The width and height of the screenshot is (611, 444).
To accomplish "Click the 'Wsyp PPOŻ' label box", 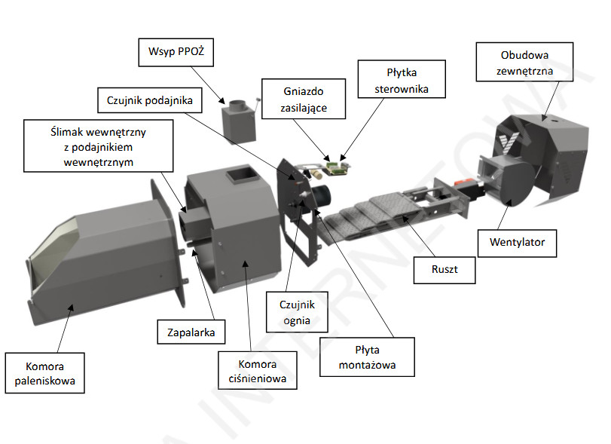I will pyautogui.click(x=176, y=54).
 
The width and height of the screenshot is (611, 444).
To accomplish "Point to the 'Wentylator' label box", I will pyautogui.click(x=516, y=243).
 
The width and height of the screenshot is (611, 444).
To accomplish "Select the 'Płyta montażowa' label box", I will pyautogui.click(x=367, y=357).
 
